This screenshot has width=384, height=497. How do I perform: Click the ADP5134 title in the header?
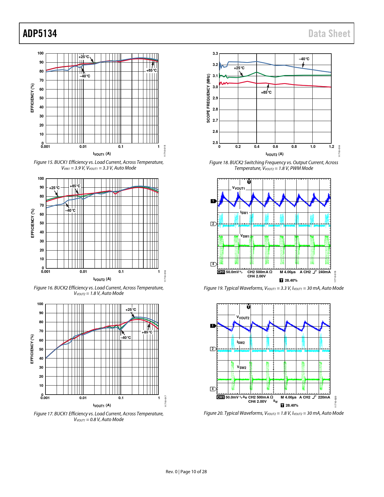[x=40, y=33]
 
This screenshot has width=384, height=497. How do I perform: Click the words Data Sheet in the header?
[x=329, y=33]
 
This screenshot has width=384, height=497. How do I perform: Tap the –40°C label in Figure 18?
[x=304, y=59]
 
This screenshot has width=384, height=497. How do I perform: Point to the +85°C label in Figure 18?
[x=266, y=92]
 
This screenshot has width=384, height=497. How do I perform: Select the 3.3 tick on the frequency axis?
[x=215, y=54]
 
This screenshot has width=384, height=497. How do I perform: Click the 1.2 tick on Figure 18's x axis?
[x=331, y=147]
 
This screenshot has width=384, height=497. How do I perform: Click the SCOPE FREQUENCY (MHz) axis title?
[x=208, y=98]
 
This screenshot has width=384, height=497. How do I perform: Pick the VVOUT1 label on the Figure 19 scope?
[x=239, y=188]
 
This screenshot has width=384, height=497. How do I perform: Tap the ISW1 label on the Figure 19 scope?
[x=244, y=213]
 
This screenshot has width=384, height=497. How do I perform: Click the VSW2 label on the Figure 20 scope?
[x=242, y=367]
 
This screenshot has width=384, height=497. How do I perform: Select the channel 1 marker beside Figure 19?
[x=213, y=201]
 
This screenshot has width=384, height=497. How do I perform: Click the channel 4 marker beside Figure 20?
[x=213, y=389]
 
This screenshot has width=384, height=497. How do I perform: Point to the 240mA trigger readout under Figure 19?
[x=324, y=272]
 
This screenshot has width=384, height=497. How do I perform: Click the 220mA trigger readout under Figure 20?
[x=324, y=397]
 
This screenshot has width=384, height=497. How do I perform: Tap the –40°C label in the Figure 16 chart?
[x=71, y=211]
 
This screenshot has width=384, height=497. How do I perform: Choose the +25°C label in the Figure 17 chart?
[x=131, y=310]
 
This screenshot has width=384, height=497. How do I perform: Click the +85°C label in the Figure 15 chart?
[x=151, y=70]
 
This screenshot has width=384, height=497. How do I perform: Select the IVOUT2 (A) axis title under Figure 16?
[x=102, y=279]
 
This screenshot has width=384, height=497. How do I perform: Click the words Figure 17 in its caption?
[x=43, y=414]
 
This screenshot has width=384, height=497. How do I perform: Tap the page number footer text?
[x=186, y=472]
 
